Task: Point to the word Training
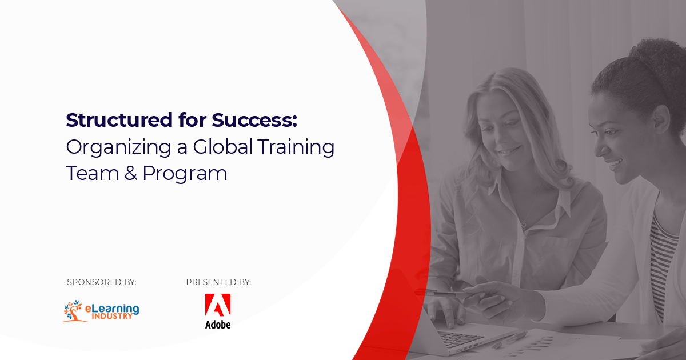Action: pos(296,147)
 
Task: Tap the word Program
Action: pos(185,174)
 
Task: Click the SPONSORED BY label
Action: pos(101,282)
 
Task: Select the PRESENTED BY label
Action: pos(218,282)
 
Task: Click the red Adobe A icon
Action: pos(218,305)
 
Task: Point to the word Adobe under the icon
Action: pos(218,324)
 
